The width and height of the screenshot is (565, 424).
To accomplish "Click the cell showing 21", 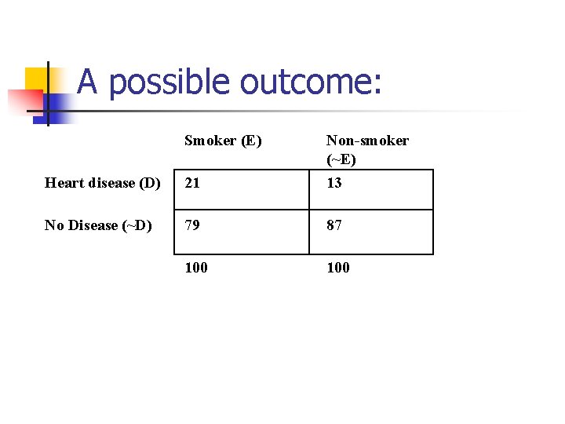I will point(192,183).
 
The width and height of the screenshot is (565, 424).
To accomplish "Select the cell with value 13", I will point(334,183).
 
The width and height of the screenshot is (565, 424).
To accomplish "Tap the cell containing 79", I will point(192,225).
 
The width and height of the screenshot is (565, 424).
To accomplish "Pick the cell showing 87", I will point(334,225).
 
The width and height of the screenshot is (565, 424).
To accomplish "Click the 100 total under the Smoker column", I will point(196,268).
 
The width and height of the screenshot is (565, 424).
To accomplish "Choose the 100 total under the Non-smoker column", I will point(338,268).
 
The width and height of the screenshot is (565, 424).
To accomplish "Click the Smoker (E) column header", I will point(223,141).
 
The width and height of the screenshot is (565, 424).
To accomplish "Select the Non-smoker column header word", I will point(367,141).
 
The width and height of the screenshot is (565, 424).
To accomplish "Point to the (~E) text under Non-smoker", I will point(341,159).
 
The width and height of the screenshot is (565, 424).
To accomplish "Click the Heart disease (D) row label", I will point(103,183).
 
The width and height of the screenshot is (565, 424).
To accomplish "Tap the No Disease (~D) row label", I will point(98,225).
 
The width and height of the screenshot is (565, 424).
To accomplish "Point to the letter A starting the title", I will point(88,82).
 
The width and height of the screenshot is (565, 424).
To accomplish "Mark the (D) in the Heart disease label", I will point(149,183).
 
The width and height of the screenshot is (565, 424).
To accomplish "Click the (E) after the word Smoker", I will point(251,141).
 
